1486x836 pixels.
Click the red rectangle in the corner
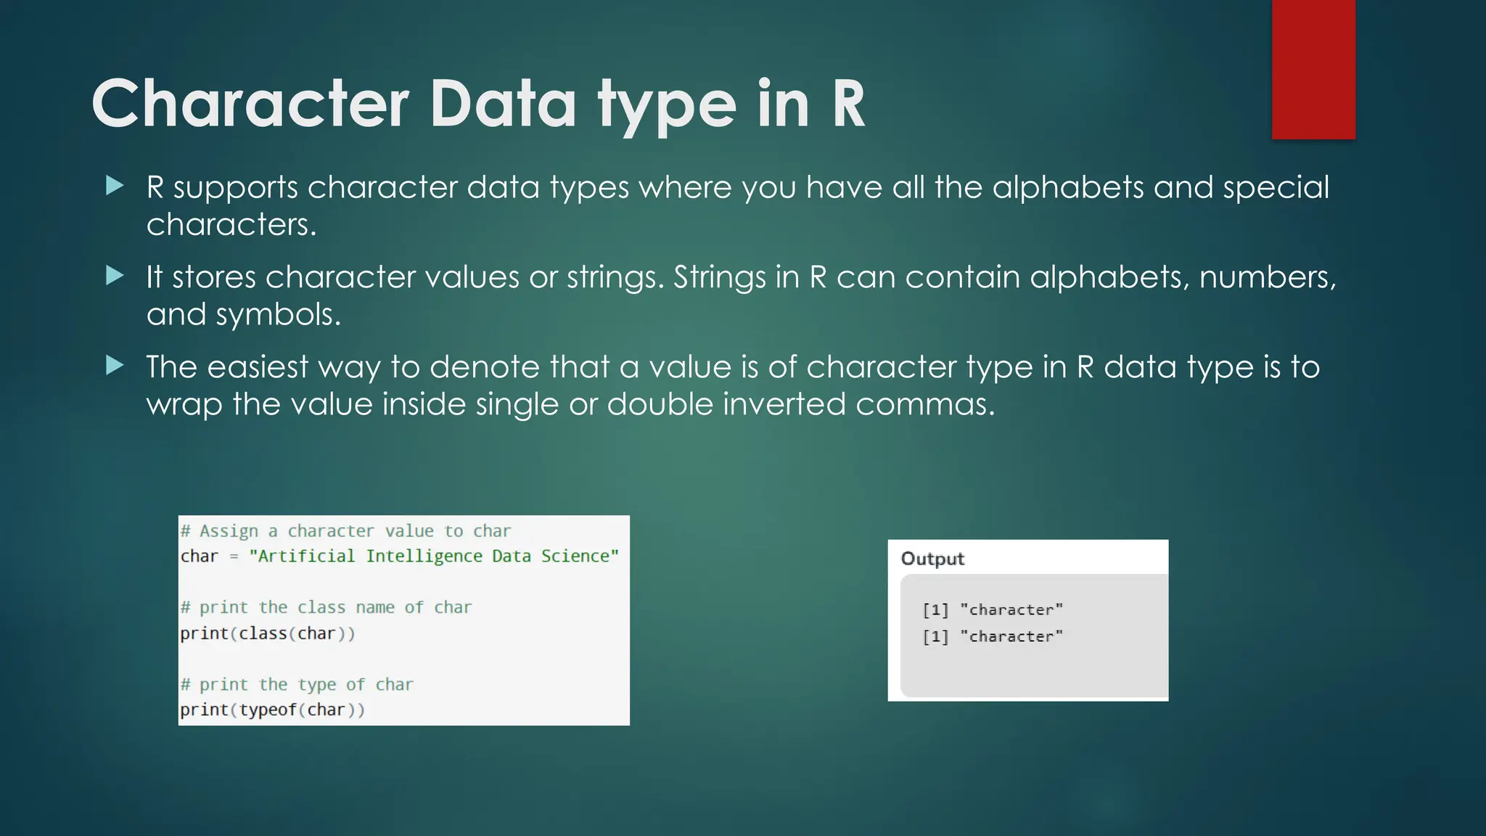pyautogui.click(x=1313, y=69)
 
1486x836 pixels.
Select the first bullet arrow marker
pyautogui.click(x=115, y=186)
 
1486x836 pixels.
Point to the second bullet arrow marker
pyautogui.click(x=115, y=276)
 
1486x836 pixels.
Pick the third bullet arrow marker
pyautogui.click(x=115, y=365)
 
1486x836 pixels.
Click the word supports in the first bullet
pyautogui.click(x=235, y=188)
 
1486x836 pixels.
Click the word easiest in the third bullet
pyautogui.click(x=258, y=367)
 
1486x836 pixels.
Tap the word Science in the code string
pyautogui.click(x=576, y=557)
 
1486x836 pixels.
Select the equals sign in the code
pyautogui.click(x=234, y=557)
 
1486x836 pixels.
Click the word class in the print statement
pyautogui.click(x=263, y=634)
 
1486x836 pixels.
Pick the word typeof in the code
pyautogui.click(x=268, y=710)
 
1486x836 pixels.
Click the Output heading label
pyautogui.click(x=932, y=559)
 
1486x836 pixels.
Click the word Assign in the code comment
pyautogui.click(x=229, y=531)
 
